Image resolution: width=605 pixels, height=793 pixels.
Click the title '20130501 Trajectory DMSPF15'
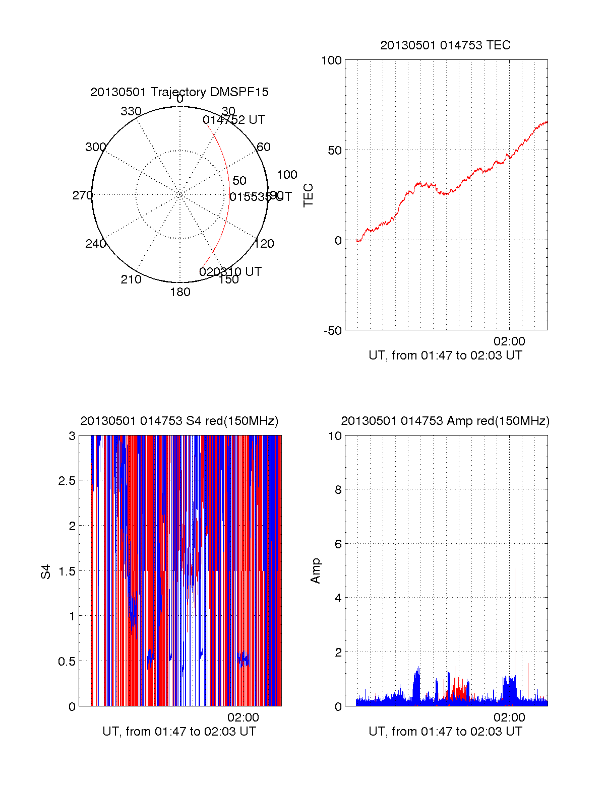click(179, 92)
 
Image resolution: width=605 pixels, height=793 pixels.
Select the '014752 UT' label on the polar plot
click(233, 120)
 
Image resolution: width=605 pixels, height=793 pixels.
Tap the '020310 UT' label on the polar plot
click(230, 272)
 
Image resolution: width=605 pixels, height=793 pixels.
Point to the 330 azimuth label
click(131, 111)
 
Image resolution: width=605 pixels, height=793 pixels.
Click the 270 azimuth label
click(82, 195)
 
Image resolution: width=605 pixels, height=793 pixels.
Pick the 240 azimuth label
click(95, 244)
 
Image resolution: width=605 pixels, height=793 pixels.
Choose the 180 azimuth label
click(180, 292)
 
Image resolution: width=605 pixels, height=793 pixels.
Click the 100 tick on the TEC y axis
click(331, 60)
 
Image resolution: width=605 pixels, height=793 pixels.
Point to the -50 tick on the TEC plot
click(332, 331)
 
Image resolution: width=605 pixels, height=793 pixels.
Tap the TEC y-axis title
click(308, 195)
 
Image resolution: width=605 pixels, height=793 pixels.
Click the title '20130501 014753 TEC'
click(445, 45)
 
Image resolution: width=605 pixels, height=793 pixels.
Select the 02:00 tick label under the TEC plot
click(509, 341)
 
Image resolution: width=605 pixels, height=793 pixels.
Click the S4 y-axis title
click(46, 571)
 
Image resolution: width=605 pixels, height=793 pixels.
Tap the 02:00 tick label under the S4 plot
click(243, 717)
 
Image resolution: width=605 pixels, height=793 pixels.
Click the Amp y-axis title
click(316, 571)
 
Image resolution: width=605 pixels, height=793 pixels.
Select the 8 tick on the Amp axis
click(338, 490)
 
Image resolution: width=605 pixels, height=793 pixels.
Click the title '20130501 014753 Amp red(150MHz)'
click(445, 421)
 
